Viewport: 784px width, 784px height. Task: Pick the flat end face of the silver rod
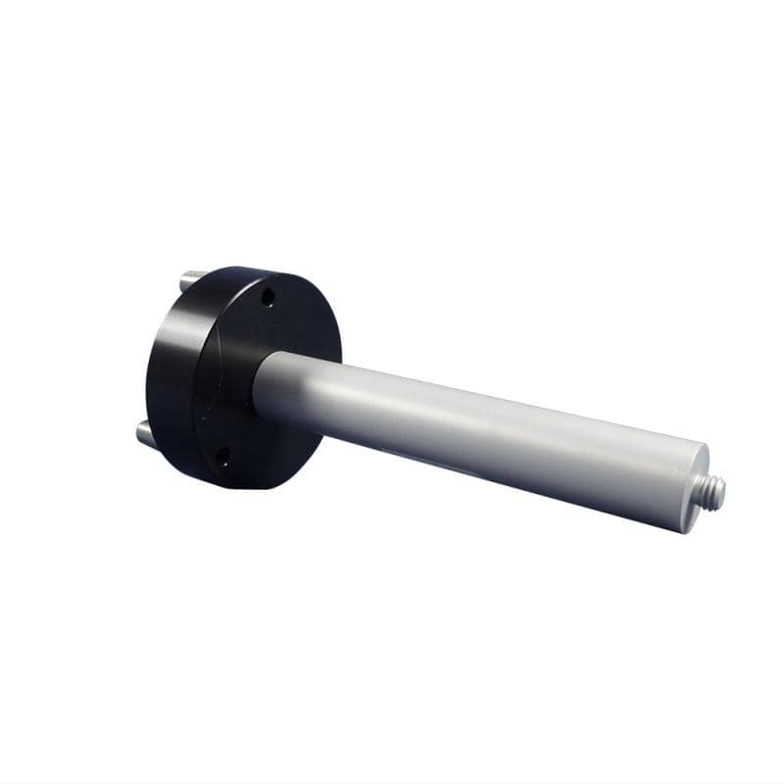tap(695, 488)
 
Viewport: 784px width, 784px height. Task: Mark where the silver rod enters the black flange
tap(263, 387)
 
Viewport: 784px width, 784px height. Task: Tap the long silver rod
tap(470, 431)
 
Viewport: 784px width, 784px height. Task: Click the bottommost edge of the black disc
tap(235, 488)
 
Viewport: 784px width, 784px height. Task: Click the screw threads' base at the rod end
tap(708, 491)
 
